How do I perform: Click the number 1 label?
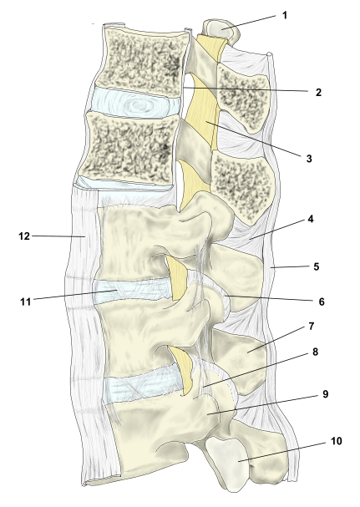(x=285, y=15)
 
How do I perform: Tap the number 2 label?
(x=318, y=93)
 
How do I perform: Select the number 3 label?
(x=309, y=159)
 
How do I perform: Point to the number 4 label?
(x=311, y=219)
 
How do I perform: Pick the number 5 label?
(x=316, y=266)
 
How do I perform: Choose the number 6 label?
(x=322, y=302)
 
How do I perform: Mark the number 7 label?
(x=312, y=327)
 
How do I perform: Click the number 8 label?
(x=316, y=352)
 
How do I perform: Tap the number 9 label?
(x=325, y=394)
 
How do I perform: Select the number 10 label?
(x=337, y=441)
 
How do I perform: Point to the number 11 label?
(x=26, y=302)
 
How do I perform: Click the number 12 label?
(x=24, y=236)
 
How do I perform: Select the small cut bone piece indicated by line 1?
(x=221, y=31)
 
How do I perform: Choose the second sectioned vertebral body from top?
(x=129, y=147)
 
